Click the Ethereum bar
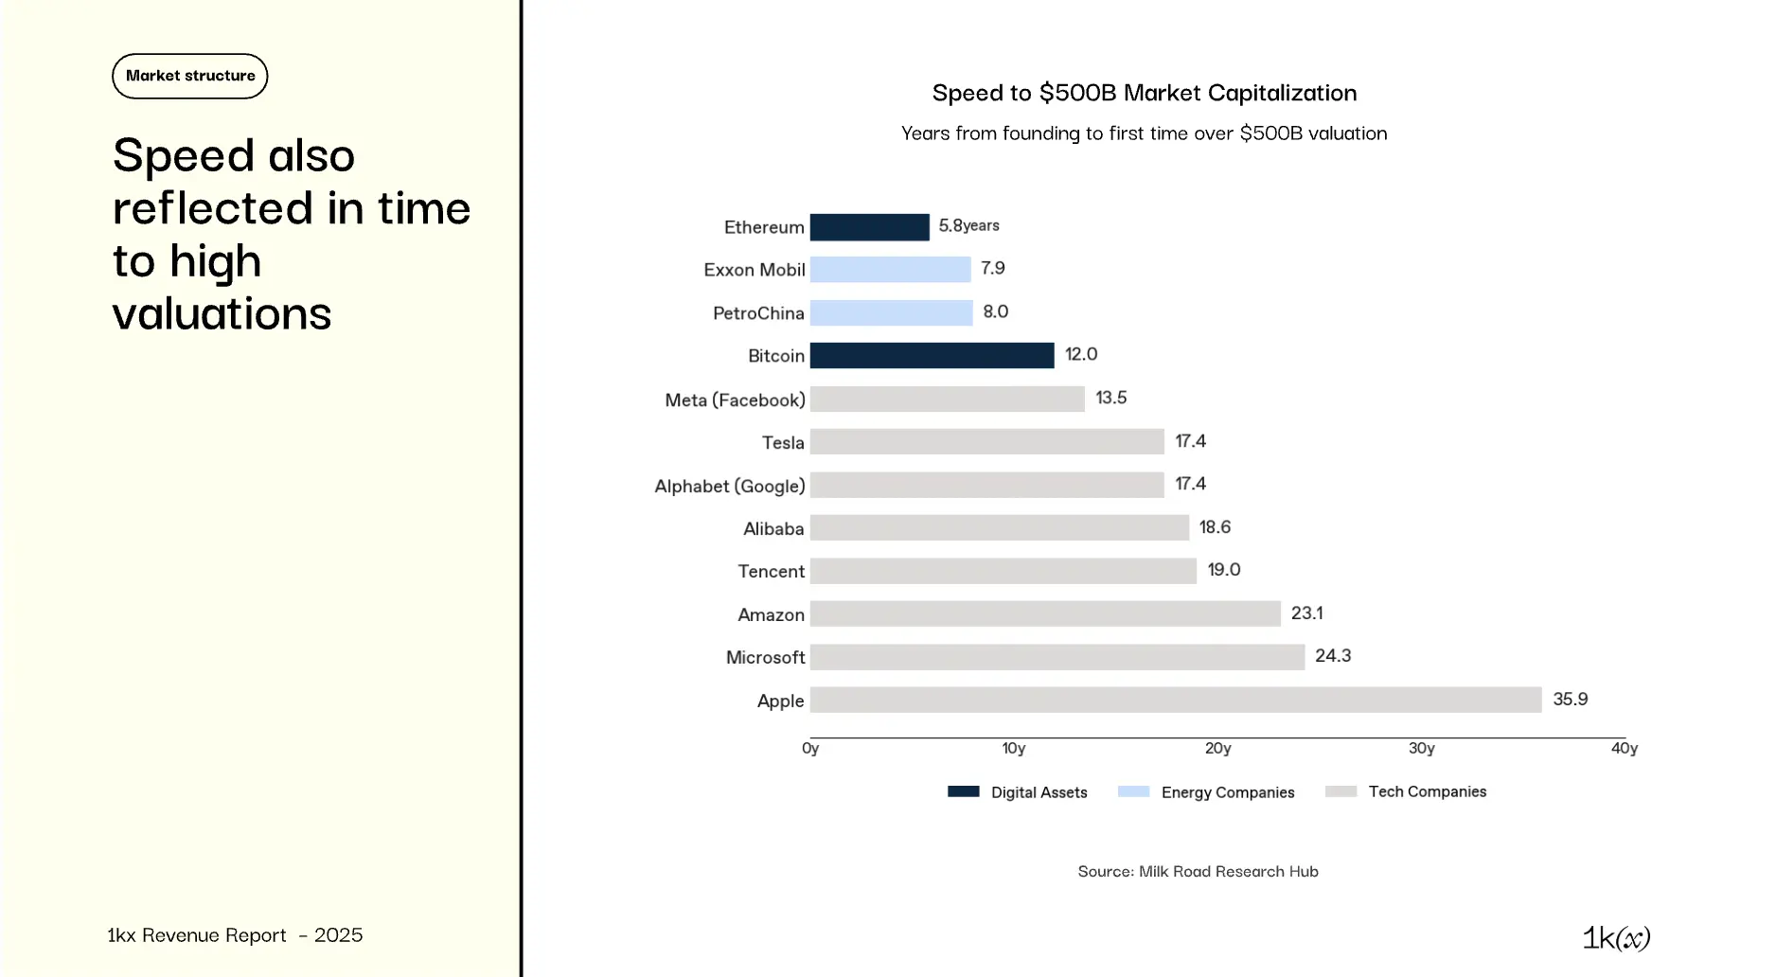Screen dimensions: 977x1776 tap(869, 227)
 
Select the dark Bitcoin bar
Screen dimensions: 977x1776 tap(932, 355)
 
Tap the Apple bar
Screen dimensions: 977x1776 tap(1175, 700)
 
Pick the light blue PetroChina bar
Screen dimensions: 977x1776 tap(891, 312)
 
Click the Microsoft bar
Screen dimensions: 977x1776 tap(1057, 657)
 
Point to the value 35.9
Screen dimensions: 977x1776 tap(1570, 700)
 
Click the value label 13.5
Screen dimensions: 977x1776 tap(1110, 398)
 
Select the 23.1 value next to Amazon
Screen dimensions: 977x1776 tap(1306, 613)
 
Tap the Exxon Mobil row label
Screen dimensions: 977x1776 tap(754, 270)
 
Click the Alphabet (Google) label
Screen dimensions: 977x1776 tap(729, 486)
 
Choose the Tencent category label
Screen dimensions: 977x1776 tap(771, 572)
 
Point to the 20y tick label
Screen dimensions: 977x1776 tap(1217, 749)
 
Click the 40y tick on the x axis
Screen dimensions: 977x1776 tap(1624, 749)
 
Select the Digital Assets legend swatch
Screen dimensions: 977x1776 tap(963, 791)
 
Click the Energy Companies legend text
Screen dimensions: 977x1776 tap(1227, 792)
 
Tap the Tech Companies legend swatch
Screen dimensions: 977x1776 tap(1341, 791)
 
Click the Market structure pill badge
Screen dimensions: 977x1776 tap(190, 76)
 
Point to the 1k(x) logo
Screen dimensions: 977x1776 tap(1616, 937)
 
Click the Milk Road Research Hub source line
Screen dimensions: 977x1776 tap(1198, 871)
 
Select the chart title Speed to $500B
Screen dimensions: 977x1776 tap(1144, 93)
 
